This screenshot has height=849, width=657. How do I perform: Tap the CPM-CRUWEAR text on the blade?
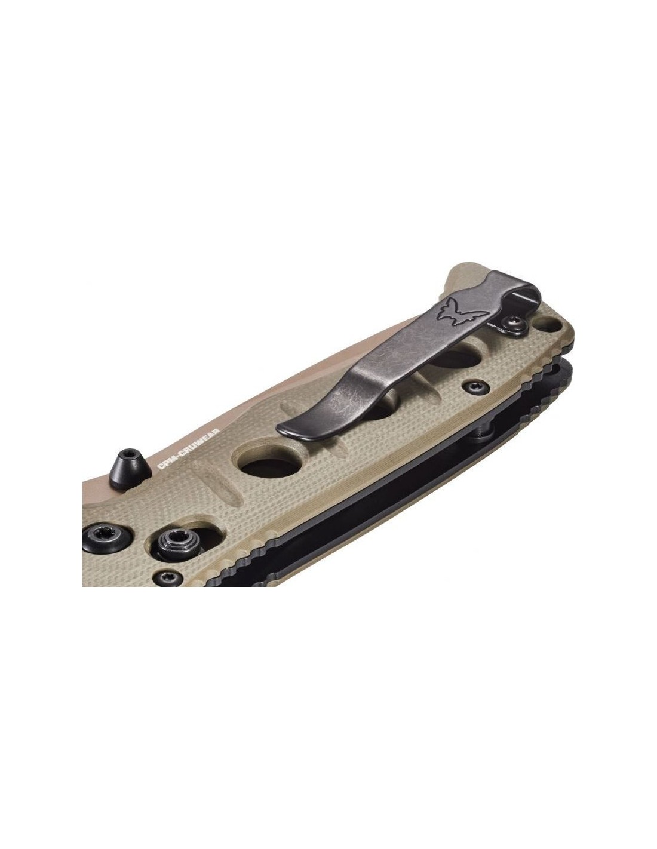(x=188, y=450)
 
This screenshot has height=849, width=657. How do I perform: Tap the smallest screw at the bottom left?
(x=168, y=577)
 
